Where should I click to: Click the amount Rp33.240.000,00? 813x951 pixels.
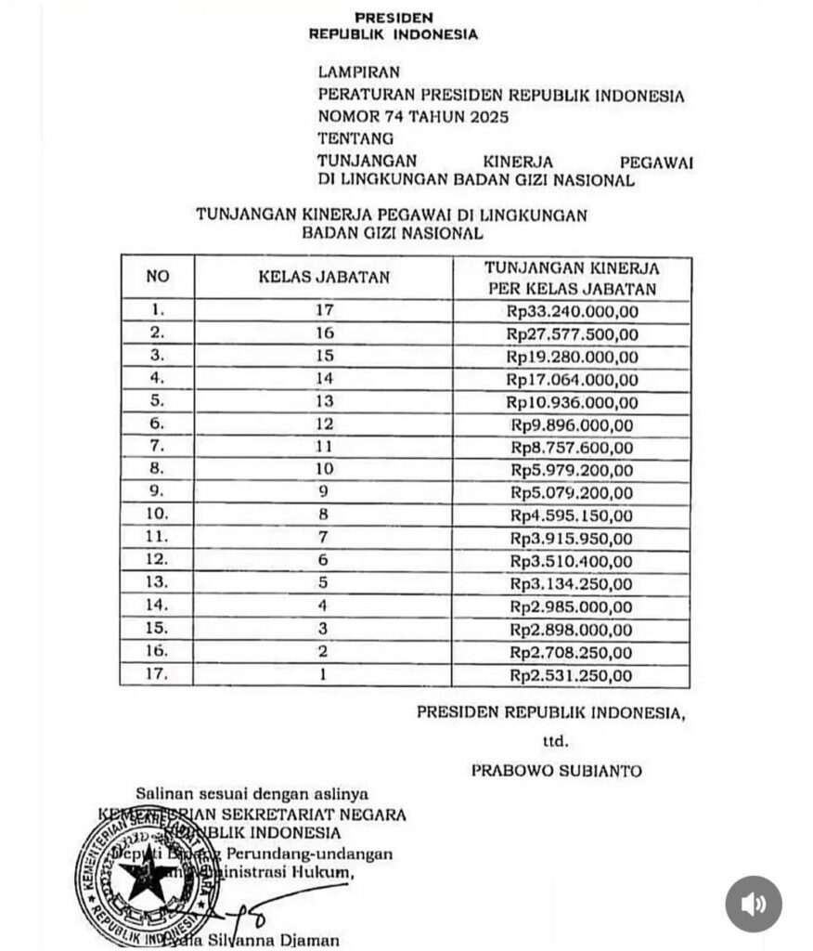click(572, 311)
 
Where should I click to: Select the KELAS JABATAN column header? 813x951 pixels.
click(323, 277)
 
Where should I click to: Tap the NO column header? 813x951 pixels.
click(158, 277)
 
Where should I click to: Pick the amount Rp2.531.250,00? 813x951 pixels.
click(572, 675)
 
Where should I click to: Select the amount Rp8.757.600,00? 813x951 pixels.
click(572, 448)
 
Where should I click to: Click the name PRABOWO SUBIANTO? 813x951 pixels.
click(555, 771)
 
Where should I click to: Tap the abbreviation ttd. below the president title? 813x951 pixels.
click(555, 741)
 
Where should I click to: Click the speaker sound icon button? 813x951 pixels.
click(753, 904)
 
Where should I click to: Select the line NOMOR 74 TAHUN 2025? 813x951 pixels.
click(413, 117)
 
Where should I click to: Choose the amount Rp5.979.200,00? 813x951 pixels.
click(572, 471)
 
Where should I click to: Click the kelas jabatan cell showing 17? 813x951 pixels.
click(323, 311)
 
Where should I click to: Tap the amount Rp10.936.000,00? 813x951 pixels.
click(572, 402)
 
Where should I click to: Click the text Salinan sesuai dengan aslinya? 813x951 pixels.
click(252, 794)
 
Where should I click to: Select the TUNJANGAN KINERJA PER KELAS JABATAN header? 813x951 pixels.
click(572, 278)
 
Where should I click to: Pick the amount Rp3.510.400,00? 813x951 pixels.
click(572, 562)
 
